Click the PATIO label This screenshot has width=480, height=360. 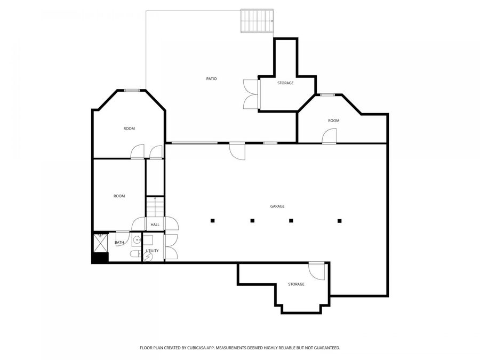tap(212, 79)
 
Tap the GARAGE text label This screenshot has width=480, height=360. tap(277, 206)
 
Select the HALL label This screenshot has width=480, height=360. tap(155, 225)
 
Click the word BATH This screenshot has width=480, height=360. tap(119, 243)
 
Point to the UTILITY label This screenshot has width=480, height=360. tap(152, 250)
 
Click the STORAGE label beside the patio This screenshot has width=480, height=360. tap(285, 83)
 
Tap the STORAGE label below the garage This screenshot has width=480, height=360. tap(296, 284)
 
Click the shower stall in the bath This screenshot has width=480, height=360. tap(101, 242)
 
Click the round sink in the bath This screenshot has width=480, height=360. tap(137, 239)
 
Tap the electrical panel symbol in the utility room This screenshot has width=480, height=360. tap(148, 257)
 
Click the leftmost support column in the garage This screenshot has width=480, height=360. tap(212, 220)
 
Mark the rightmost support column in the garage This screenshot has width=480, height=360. tap(339, 220)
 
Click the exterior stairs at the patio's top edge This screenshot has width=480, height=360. tap(257, 21)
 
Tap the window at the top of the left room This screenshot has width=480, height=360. tap(132, 90)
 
